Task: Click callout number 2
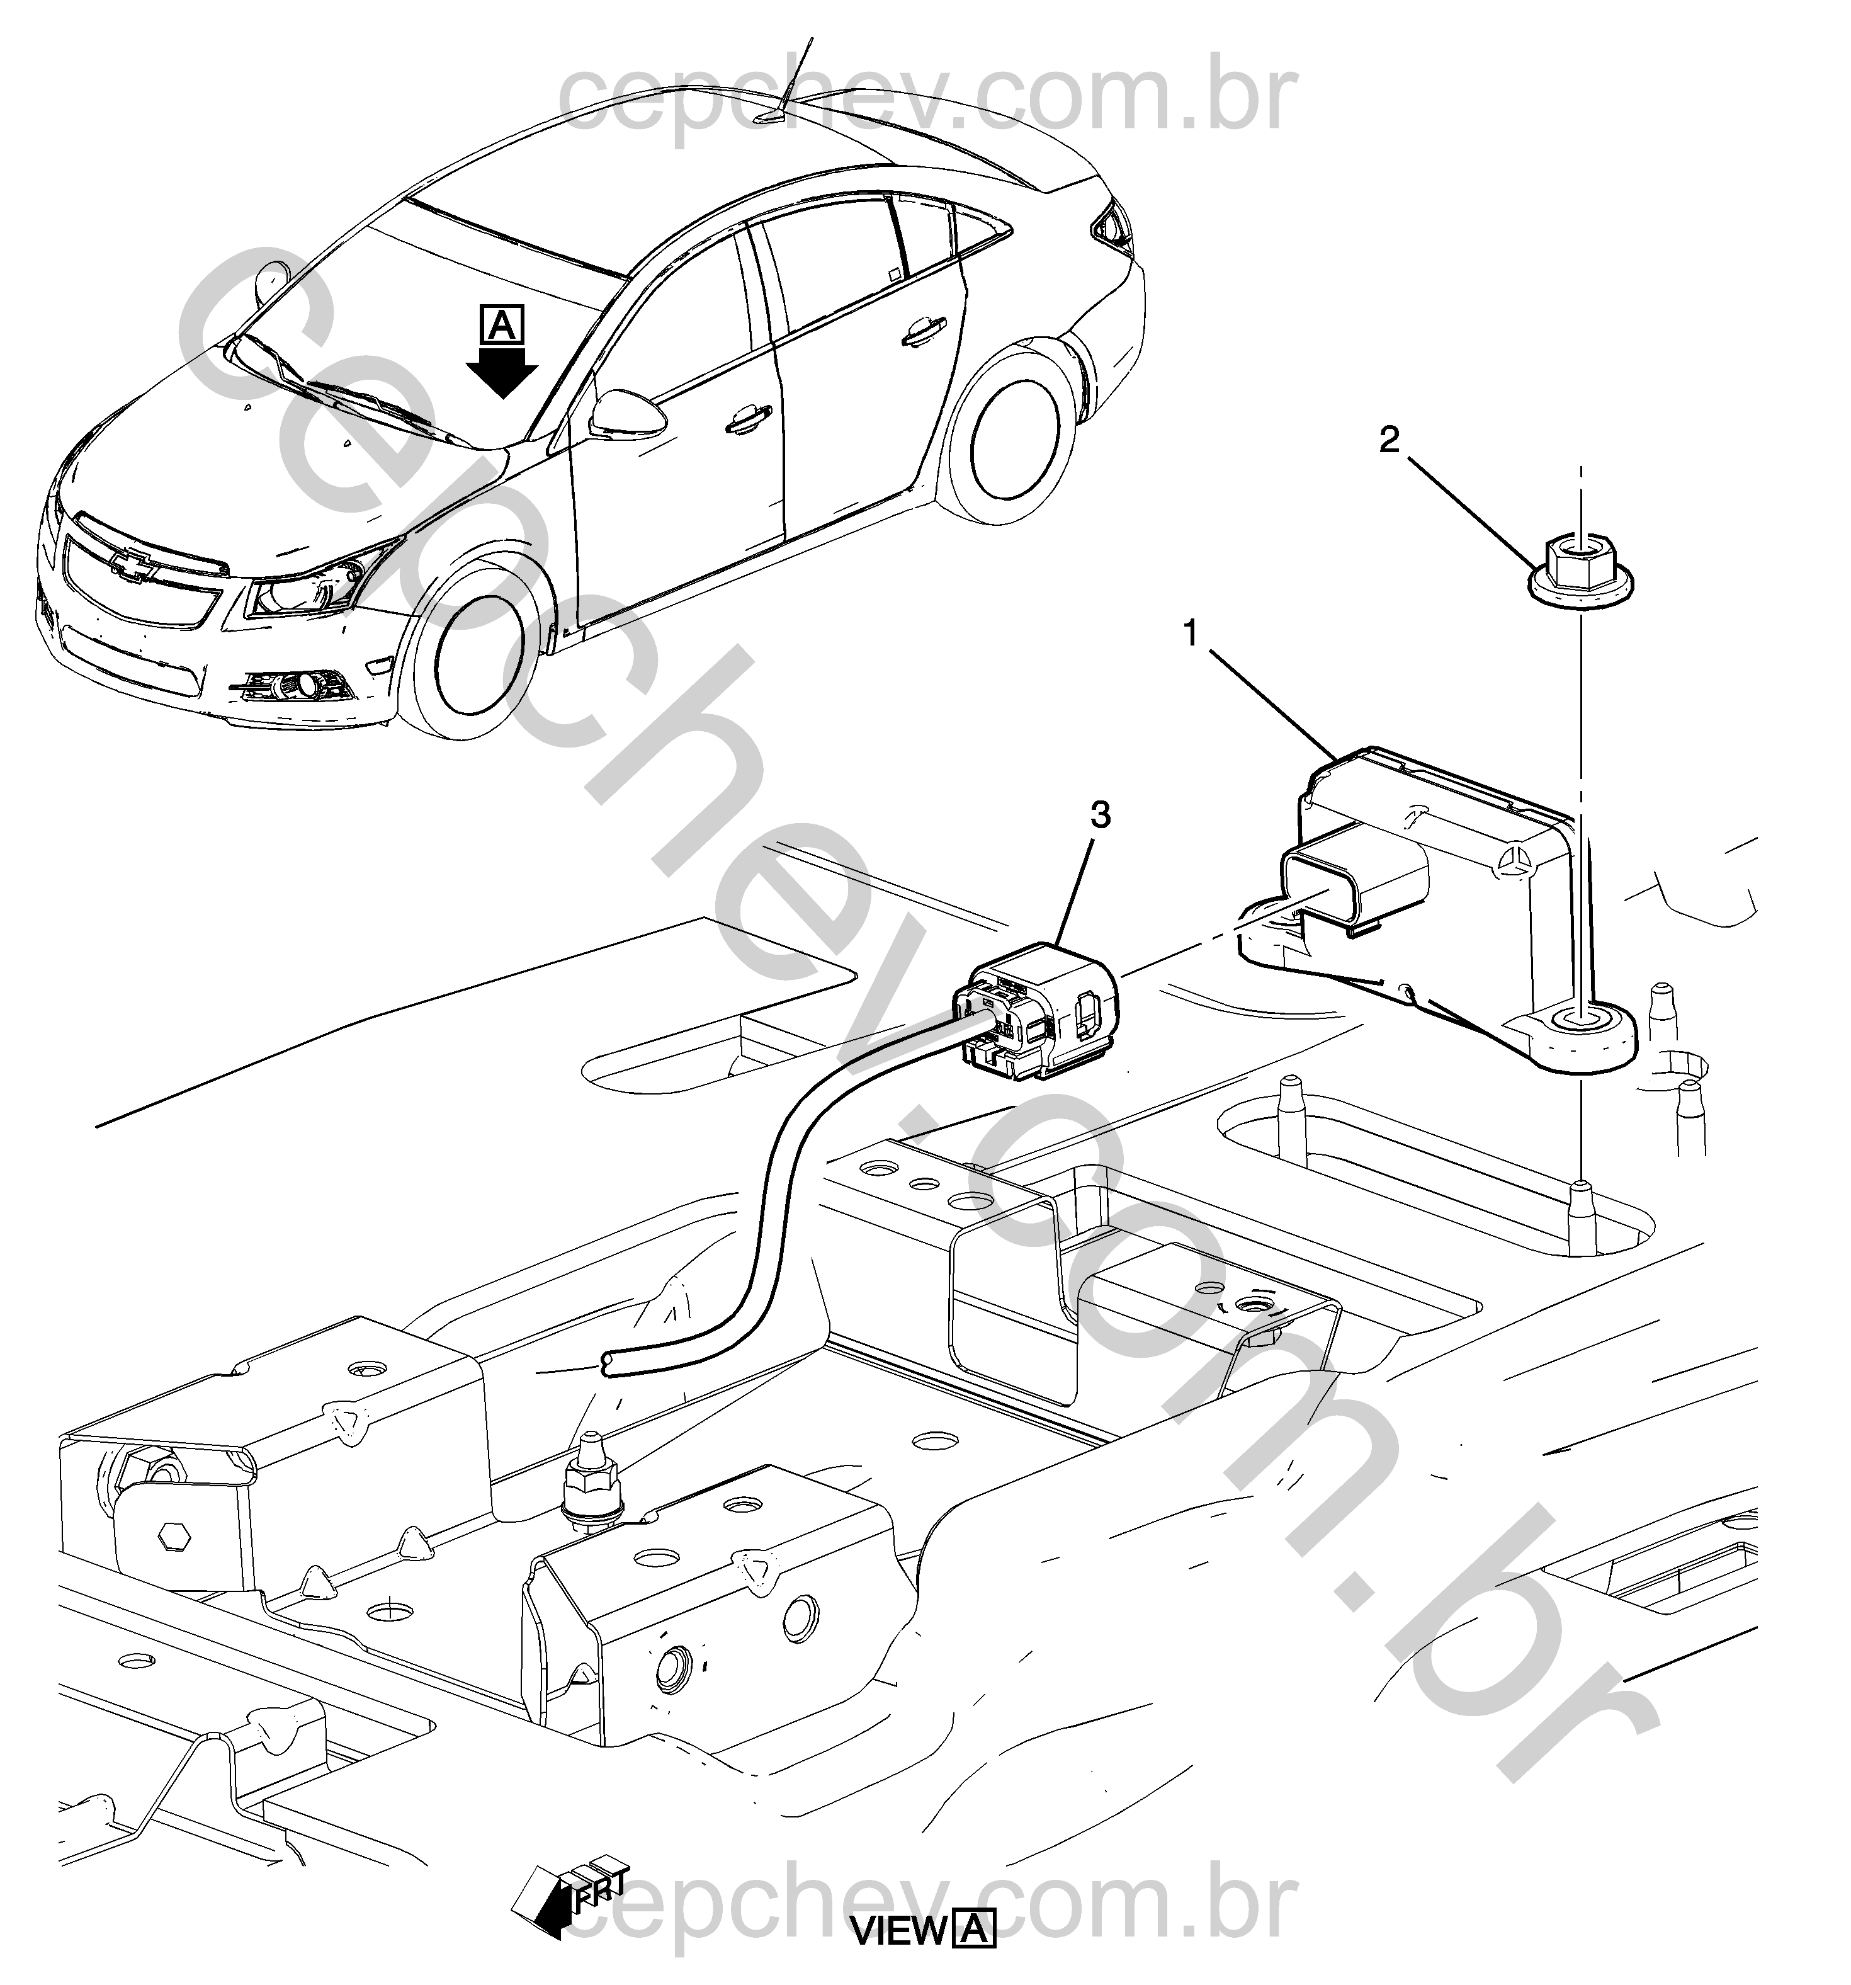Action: coord(1390,440)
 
